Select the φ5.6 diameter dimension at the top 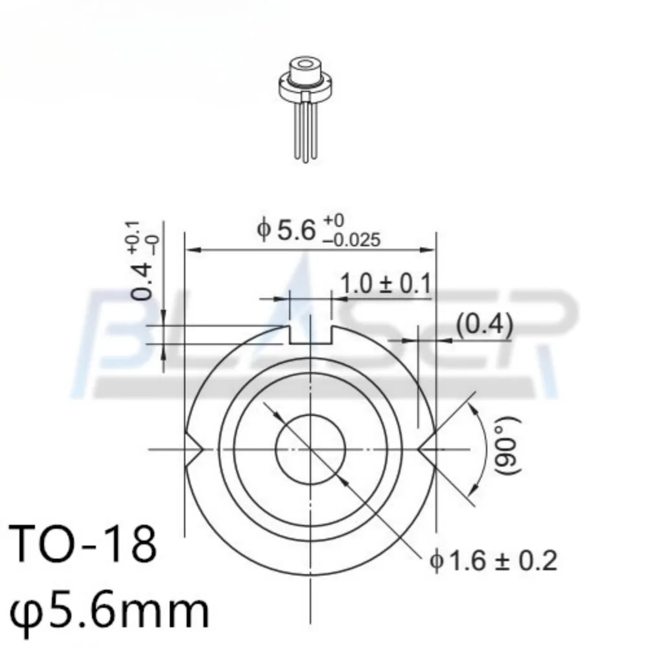(287, 231)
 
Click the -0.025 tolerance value (353, 241)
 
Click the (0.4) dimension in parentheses (484, 325)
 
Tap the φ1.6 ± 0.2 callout (492, 560)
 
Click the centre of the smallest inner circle (310, 448)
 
